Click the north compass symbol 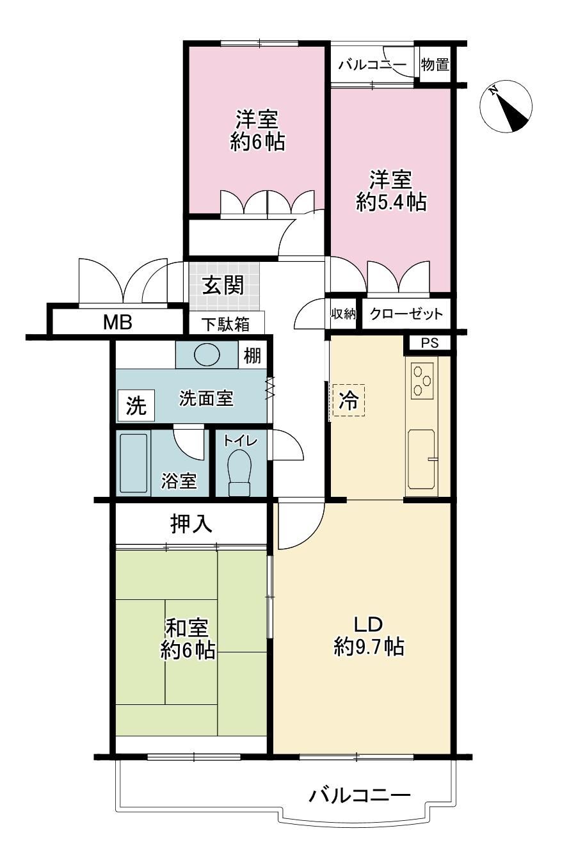coord(506,106)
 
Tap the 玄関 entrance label coord(223,286)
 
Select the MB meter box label coord(118,322)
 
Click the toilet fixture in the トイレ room coord(239,473)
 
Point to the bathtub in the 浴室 coord(134,464)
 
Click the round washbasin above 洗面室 coord(207,354)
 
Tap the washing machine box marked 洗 coord(136,405)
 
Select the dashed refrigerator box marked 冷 coord(349,400)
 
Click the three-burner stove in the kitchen coord(422,381)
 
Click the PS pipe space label coord(430,343)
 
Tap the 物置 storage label coord(435,65)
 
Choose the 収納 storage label coord(343,314)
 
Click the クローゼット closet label coord(406,314)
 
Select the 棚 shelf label coord(252,355)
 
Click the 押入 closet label coord(191,524)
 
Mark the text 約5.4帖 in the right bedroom coord(391,202)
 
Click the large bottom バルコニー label coord(360,795)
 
